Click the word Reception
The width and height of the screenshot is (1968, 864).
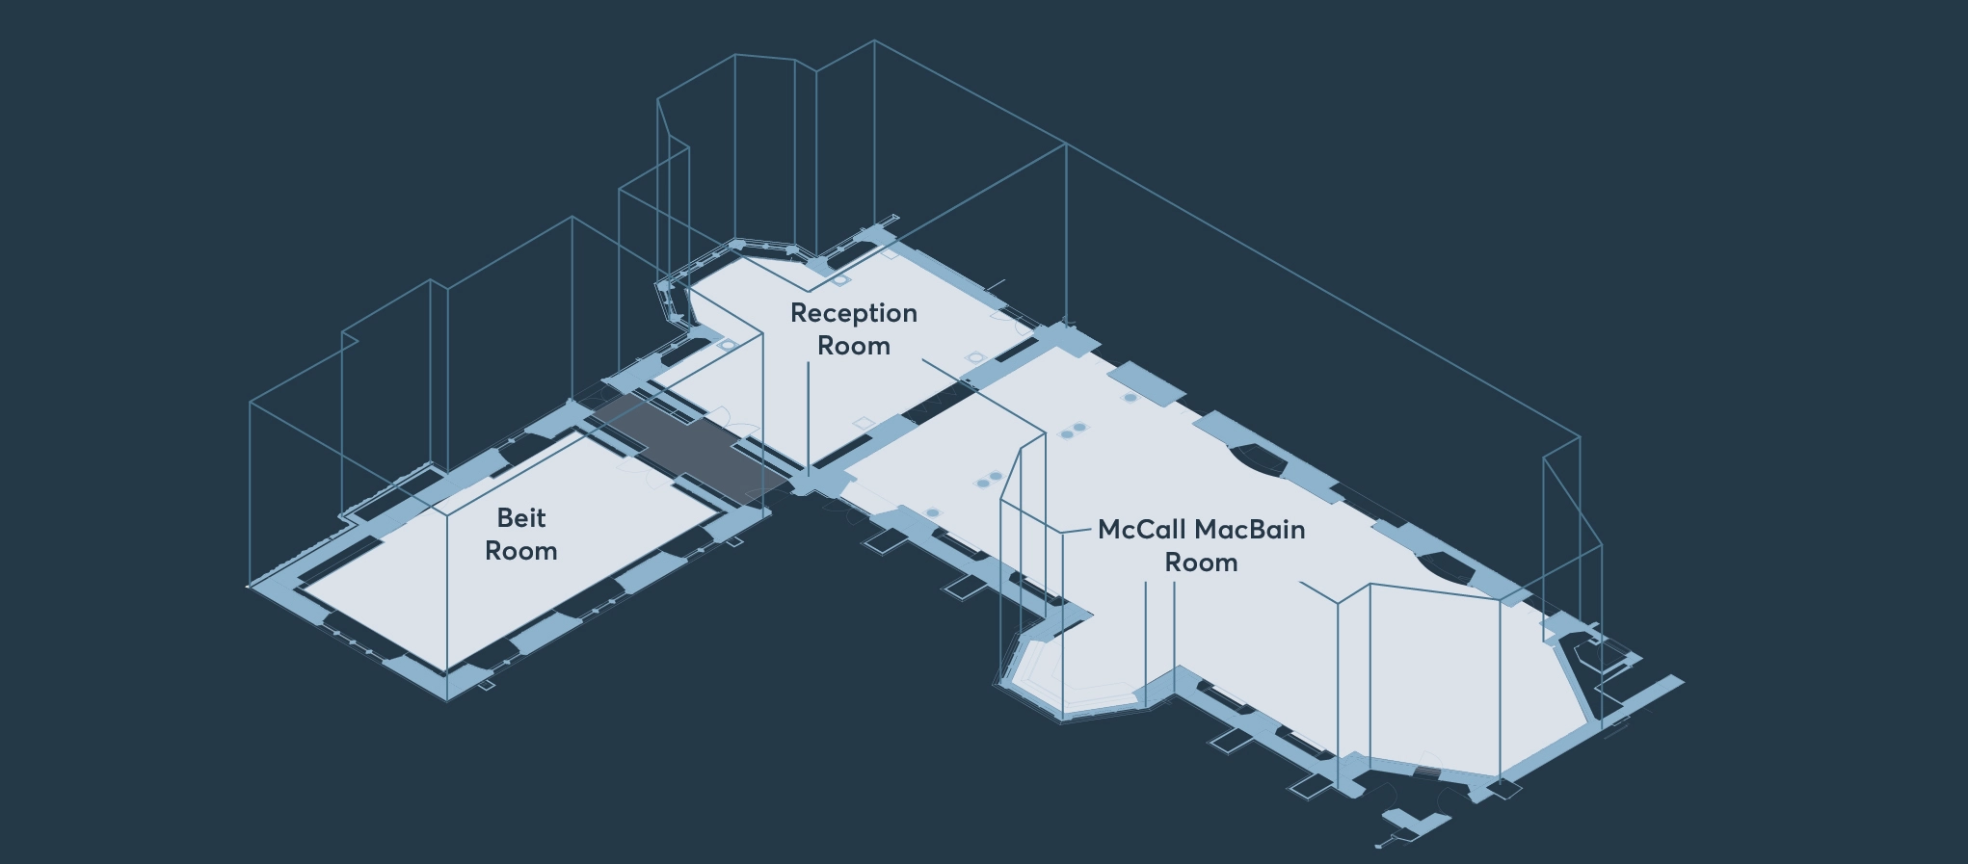pos(854,314)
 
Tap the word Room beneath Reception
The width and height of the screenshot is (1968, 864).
pos(854,346)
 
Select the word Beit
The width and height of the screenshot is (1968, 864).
pos(521,518)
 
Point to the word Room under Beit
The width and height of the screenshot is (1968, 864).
pos(521,551)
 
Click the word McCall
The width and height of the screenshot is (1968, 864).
pos(1142,530)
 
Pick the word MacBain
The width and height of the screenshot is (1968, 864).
pos(1250,530)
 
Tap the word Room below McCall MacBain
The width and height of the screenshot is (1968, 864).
pos(1201,563)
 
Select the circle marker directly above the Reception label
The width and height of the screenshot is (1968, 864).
pos(840,280)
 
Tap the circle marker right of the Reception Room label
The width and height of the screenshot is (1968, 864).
pos(975,357)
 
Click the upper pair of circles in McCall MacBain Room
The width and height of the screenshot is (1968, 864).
pos(1074,431)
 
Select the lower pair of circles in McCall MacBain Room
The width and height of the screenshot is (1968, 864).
pos(989,479)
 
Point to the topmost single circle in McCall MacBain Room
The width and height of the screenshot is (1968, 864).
pos(1130,397)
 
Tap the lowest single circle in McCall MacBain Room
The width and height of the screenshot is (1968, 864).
pos(932,512)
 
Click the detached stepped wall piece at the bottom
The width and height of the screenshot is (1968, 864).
pos(1415,822)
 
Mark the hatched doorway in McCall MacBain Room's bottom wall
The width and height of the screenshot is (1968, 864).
pos(1426,772)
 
